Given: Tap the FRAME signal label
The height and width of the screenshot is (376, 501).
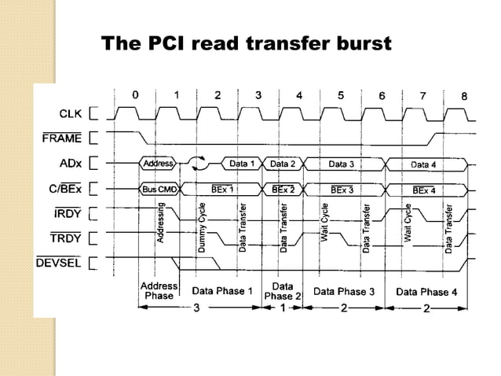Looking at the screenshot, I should pos(62,139).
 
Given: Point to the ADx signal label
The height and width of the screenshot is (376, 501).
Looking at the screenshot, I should pos(70,164).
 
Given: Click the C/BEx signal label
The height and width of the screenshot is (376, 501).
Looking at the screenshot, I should pos(66,189).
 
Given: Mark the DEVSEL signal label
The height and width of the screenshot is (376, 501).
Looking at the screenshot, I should pos(59,261).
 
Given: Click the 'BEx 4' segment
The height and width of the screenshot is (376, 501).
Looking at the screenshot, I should pos(424,189).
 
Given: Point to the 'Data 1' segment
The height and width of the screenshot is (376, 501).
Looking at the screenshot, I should pos(241,164).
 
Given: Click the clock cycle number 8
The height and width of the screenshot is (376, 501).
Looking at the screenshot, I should pos(464,95).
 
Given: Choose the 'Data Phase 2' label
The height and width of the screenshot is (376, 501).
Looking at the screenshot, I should pos(282,291).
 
